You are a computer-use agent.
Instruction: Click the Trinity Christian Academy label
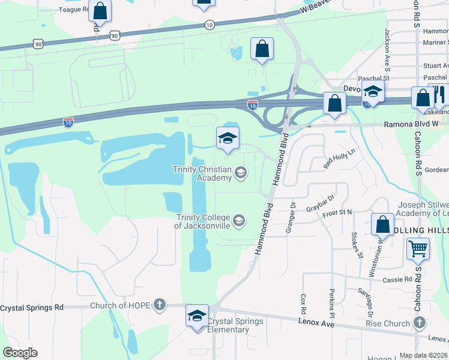click(202, 173)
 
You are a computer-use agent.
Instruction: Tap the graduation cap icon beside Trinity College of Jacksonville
click(239, 221)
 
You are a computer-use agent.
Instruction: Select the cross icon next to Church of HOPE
click(159, 305)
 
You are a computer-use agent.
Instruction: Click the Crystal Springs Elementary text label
click(235, 325)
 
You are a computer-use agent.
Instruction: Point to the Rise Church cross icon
click(418, 324)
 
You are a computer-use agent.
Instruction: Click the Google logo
click(20, 353)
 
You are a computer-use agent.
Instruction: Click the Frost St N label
click(337, 213)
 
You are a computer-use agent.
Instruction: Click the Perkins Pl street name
click(331, 298)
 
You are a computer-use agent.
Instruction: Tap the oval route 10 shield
click(209, 25)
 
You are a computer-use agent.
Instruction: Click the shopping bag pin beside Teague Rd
click(100, 11)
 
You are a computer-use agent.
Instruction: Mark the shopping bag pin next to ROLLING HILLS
click(382, 225)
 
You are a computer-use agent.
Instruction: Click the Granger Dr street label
click(293, 213)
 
